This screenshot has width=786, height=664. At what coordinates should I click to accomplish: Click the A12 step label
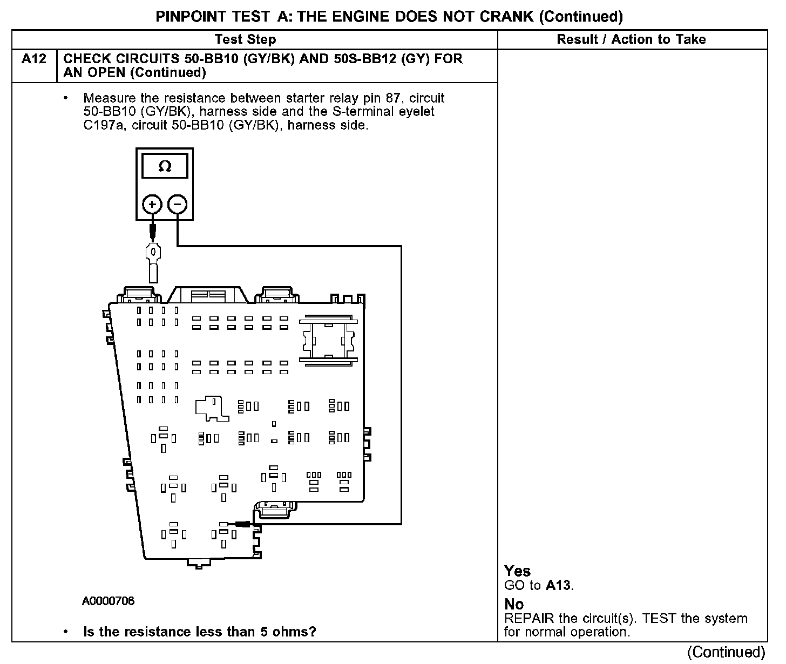[x=33, y=59]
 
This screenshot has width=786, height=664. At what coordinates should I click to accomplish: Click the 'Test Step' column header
[x=245, y=39]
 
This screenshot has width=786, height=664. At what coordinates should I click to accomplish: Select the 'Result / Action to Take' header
[x=631, y=39]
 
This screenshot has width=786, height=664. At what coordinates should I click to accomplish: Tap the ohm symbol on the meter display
[x=165, y=167]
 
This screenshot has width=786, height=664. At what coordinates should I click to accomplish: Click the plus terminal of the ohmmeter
[x=152, y=205]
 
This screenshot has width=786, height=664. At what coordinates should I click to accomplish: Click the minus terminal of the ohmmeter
[x=178, y=205]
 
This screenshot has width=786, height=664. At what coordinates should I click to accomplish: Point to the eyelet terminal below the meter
[x=153, y=253]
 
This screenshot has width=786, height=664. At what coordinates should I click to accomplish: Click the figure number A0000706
[x=109, y=601]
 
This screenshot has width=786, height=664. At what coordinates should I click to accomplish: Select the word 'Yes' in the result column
[x=517, y=571]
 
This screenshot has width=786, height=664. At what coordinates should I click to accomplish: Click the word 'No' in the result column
[x=514, y=604]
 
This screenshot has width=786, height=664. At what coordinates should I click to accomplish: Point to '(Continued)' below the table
[x=726, y=652]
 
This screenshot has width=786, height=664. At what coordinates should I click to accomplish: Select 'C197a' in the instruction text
[x=103, y=125]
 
